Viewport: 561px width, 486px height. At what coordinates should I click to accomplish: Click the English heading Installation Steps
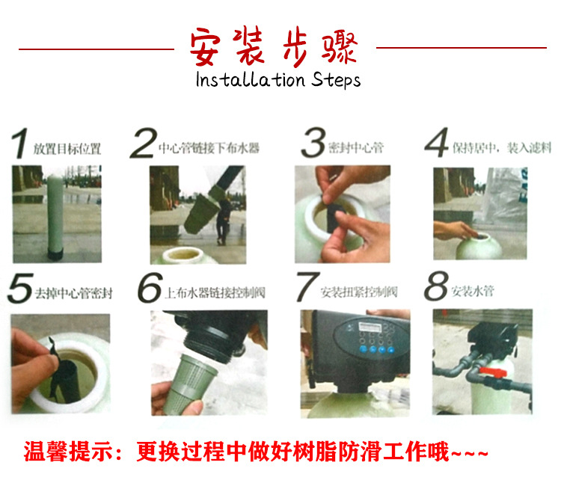tap(278, 80)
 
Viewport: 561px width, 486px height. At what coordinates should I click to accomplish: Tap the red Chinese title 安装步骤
tap(274, 46)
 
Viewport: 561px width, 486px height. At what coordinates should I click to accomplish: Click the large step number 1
tap(20, 143)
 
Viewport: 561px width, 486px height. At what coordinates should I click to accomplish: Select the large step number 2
tap(144, 143)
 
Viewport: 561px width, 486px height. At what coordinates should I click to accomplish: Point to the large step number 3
tap(313, 142)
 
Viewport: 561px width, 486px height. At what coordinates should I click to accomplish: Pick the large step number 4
tap(437, 142)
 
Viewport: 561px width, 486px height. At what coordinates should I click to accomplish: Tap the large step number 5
tap(21, 289)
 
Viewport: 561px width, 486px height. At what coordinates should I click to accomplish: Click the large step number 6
tap(150, 288)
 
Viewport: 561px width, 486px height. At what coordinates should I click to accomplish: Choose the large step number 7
tap(307, 287)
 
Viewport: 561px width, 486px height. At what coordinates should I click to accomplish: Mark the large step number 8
tap(436, 286)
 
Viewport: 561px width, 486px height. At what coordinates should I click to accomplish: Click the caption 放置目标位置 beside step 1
tap(67, 149)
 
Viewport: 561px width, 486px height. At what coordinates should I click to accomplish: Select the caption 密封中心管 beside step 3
tap(356, 147)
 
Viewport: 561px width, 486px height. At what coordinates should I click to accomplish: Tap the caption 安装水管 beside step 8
tap(473, 291)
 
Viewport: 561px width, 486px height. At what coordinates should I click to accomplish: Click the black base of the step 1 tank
tap(55, 253)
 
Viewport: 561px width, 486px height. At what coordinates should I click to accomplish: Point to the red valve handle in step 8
tap(493, 372)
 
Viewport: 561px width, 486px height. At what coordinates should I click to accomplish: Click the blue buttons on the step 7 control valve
tap(377, 349)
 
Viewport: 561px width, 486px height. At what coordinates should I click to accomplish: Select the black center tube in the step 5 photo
tap(66, 380)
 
